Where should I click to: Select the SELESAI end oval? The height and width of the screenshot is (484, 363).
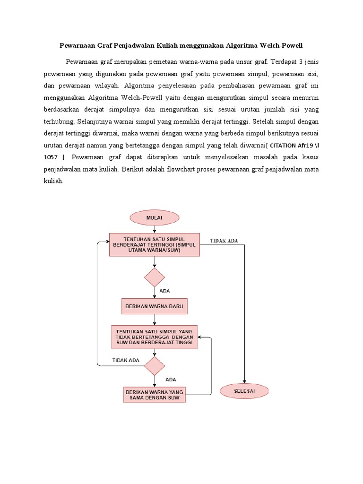point(244,391)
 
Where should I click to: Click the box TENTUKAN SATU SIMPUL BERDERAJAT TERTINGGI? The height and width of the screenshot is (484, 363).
point(155,245)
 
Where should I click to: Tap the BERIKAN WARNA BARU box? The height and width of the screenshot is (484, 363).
point(155,306)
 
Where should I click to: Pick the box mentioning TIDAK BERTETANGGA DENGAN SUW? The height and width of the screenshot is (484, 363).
point(155,337)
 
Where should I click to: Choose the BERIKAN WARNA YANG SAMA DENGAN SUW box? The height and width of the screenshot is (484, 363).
point(155,395)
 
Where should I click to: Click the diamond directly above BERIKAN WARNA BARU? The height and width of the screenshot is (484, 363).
point(155,277)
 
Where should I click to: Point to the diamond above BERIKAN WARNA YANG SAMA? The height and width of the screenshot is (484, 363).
point(155,366)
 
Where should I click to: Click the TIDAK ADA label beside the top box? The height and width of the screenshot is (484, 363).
point(224,241)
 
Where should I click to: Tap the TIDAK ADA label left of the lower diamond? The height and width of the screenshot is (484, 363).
point(126,360)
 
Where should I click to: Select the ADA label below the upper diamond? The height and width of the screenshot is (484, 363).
point(165,291)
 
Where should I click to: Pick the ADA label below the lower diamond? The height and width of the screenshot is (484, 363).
point(171,379)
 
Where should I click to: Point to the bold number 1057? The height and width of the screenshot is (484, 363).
point(53,156)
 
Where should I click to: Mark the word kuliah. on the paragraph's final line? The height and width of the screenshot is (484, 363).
point(53,181)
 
